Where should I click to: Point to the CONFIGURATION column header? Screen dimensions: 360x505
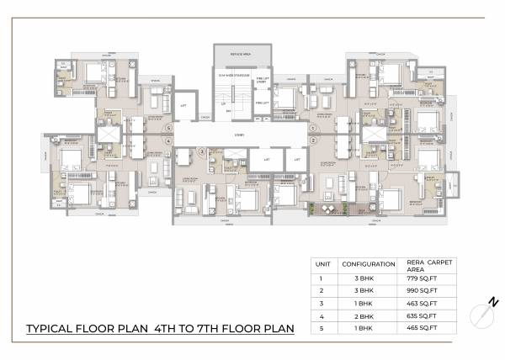368,264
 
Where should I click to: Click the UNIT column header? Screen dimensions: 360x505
323,264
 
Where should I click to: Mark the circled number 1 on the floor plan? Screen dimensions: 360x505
312,129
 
